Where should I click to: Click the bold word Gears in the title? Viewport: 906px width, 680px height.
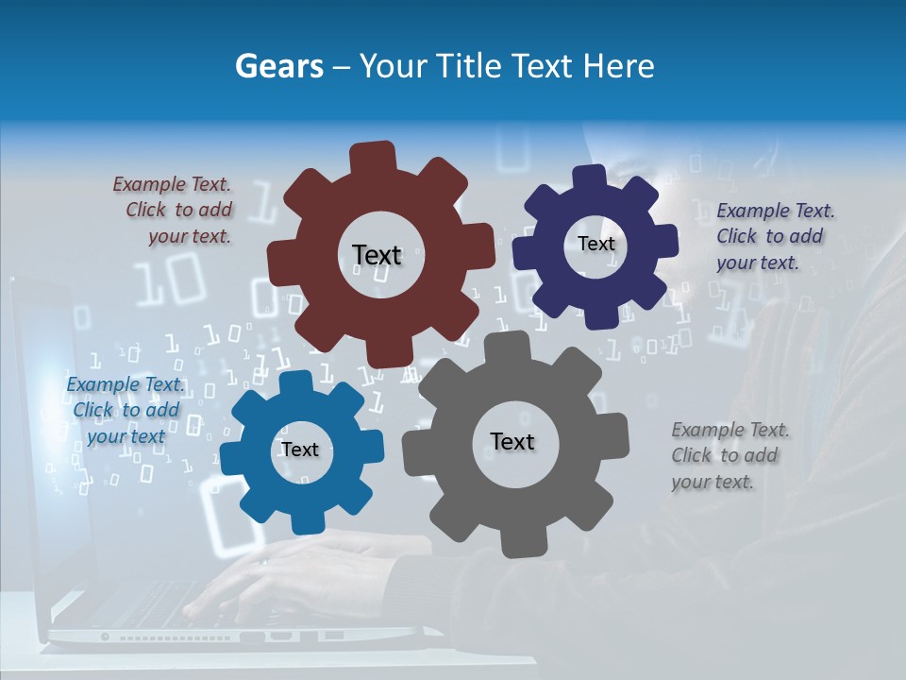[x=277, y=66]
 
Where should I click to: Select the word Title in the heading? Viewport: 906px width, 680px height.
[x=472, y=66]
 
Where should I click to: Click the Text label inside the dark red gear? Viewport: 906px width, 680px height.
[x=377, y=255]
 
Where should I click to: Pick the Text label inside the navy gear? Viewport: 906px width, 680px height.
[x=596, y=244]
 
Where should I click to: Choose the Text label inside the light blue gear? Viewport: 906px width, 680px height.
[x=299, y=450]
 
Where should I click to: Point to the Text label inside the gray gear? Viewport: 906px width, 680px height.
[x=512, y=441]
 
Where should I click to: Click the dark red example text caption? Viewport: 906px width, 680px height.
[x=176, y=211]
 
